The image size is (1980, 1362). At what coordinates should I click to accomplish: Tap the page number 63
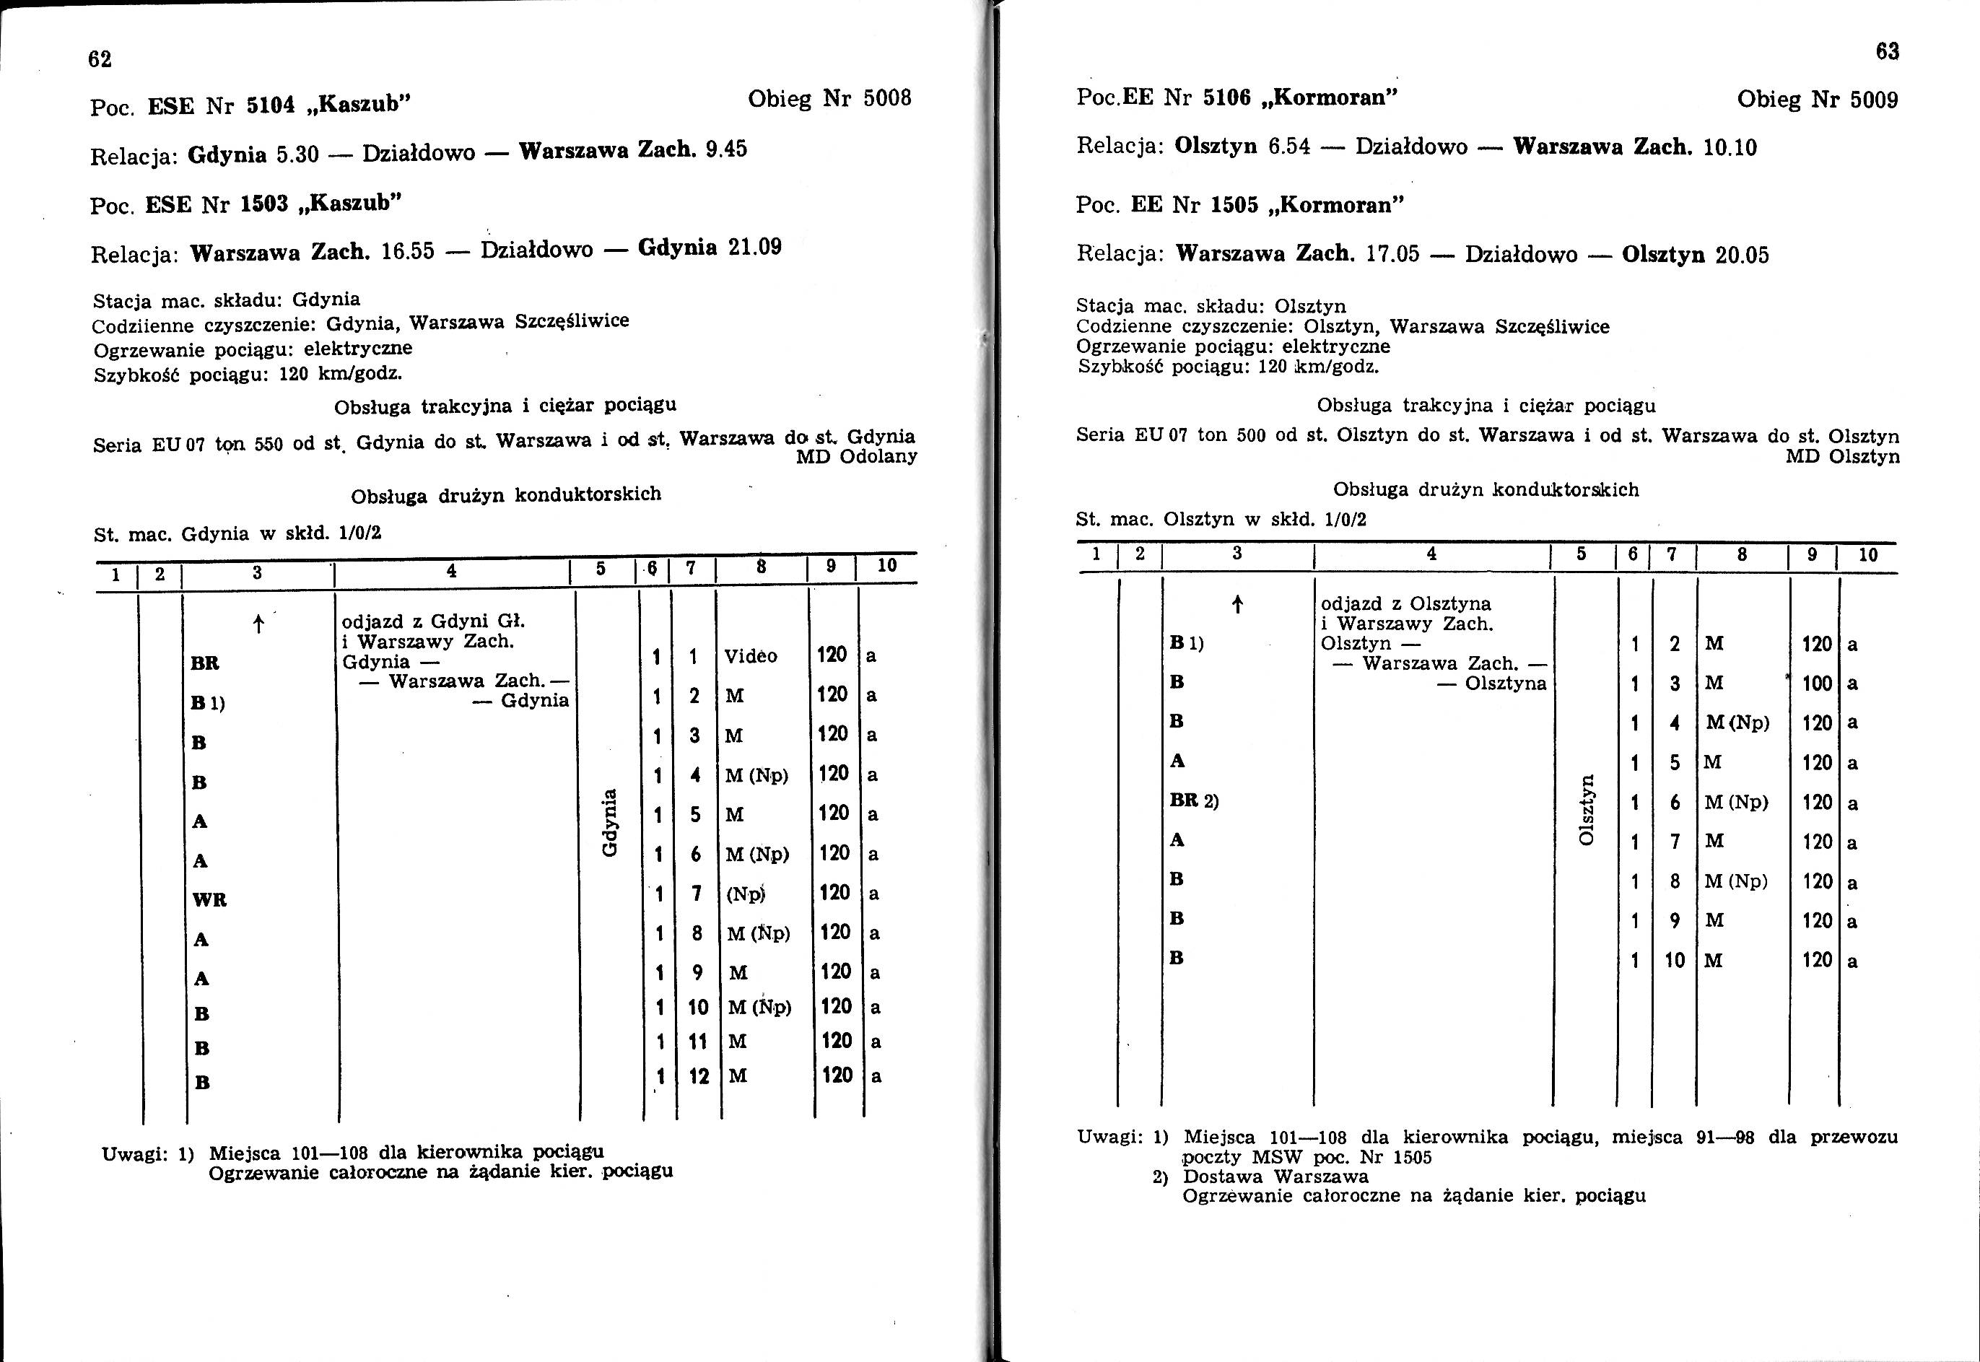(1887, 52)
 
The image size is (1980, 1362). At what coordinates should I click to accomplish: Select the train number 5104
(271, 105)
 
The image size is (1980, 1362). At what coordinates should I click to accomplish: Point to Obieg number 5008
(888, 99)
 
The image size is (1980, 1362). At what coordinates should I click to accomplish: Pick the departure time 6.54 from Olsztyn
(1288, 147)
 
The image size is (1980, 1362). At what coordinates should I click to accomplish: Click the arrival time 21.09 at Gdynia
(754, 248)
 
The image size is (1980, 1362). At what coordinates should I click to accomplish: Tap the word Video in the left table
(750, 656)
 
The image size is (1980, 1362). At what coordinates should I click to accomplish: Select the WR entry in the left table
(209, 899)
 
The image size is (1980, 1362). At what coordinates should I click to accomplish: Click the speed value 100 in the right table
(1817, 684)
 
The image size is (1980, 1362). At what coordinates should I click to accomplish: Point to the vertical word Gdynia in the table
(609, 823)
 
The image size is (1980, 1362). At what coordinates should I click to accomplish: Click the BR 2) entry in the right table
(1193, 801)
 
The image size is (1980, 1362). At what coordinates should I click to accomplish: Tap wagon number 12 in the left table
(699, 1076)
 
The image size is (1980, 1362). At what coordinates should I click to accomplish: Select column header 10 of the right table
(1868, 555)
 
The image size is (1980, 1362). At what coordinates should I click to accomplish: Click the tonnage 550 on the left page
(269, 445)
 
